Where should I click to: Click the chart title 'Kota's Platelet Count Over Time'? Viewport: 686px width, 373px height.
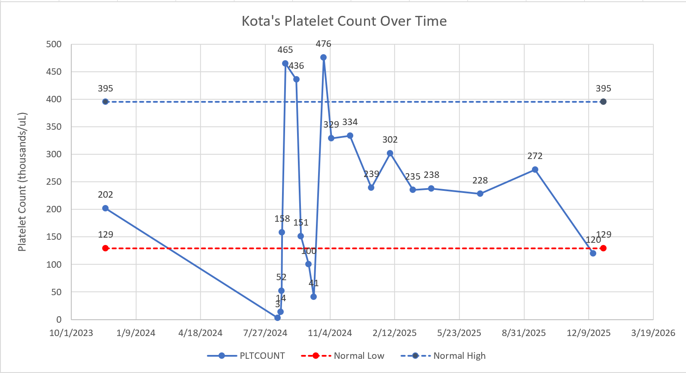tap(344, 21)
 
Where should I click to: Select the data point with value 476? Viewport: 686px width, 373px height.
tap(323, 57)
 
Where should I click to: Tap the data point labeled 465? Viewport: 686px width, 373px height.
tap(285, 63)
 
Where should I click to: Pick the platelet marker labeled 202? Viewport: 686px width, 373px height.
tap(105, 208)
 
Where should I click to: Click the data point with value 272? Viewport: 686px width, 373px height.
tap(535, 169)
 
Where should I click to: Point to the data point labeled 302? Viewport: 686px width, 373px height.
tap(390, 153)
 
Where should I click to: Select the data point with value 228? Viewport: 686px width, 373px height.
tap(480, 193)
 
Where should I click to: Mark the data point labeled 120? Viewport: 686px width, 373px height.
tap(593, 253)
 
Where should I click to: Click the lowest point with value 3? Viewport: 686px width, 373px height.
tap(277, 318)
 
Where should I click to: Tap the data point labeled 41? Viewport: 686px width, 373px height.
tap(313, 297)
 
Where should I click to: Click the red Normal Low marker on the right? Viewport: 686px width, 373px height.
tap(603, 248)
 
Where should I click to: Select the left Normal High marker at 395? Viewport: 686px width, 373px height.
tap(105, 101)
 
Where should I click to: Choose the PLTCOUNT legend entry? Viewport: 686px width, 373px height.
tap(246, 356)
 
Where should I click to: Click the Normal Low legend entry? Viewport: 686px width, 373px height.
tap(343, 356)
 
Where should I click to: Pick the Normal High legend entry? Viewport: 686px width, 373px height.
tap(443, 356)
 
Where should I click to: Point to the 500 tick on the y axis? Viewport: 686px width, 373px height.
tap(54, 44)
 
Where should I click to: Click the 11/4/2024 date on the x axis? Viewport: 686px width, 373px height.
tap(330, 333)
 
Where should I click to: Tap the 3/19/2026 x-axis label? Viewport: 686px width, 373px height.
tap(653, 333)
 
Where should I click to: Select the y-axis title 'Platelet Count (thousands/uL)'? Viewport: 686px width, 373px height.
tap(22, 182)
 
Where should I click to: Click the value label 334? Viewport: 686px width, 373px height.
tap(350, 122)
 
